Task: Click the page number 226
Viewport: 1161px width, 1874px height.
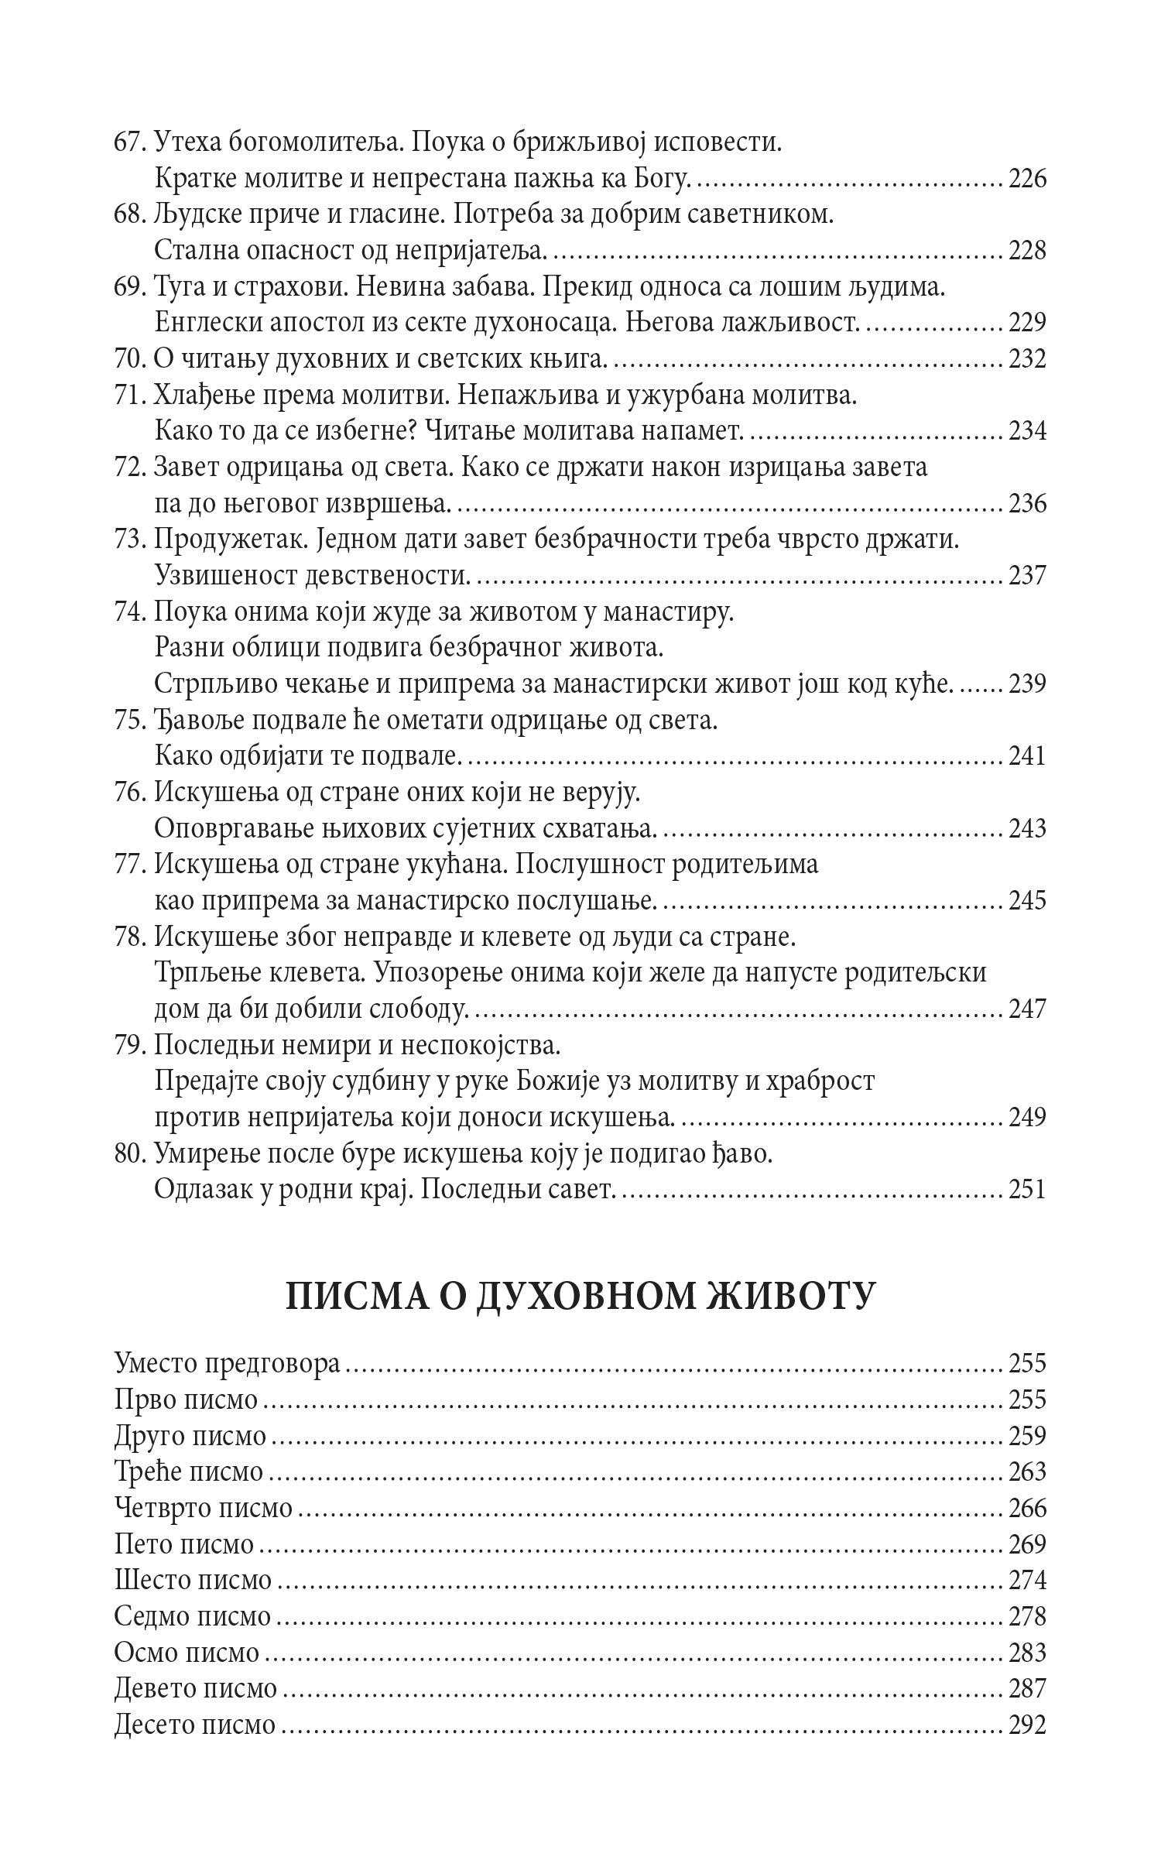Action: [1027, 180]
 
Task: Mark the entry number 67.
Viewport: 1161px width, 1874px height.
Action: [128, 143]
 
